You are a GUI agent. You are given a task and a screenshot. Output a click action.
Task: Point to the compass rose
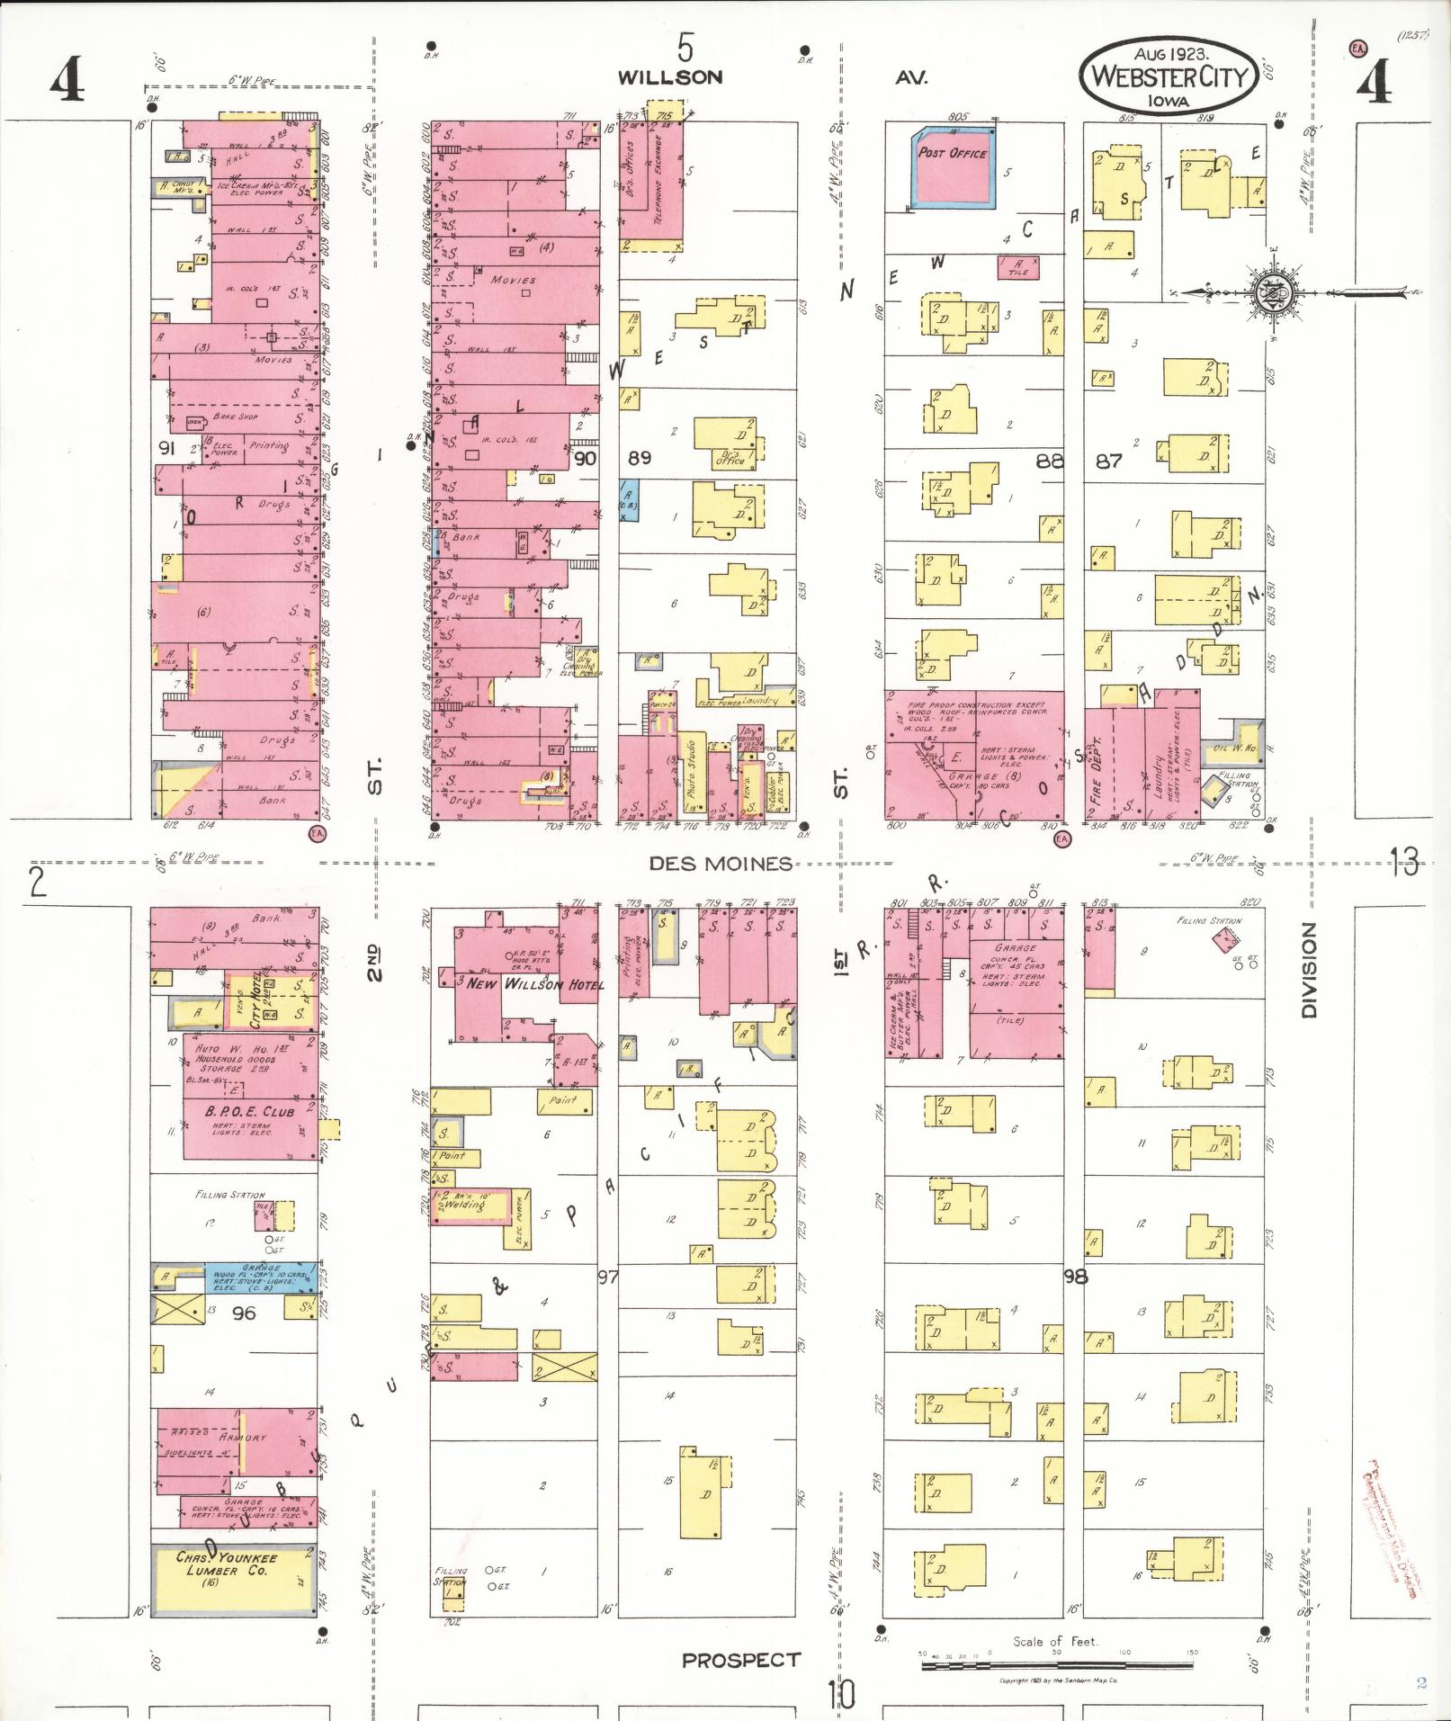1276,291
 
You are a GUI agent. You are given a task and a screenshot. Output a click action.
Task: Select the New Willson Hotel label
535,983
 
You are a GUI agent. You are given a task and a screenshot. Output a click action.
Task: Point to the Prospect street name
740,1660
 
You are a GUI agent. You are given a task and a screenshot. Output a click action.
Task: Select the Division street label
1308,970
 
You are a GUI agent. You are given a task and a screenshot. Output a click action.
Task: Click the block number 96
243,1313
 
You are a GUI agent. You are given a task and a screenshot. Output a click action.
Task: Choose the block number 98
1074,1276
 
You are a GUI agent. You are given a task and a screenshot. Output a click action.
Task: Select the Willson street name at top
669,77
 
